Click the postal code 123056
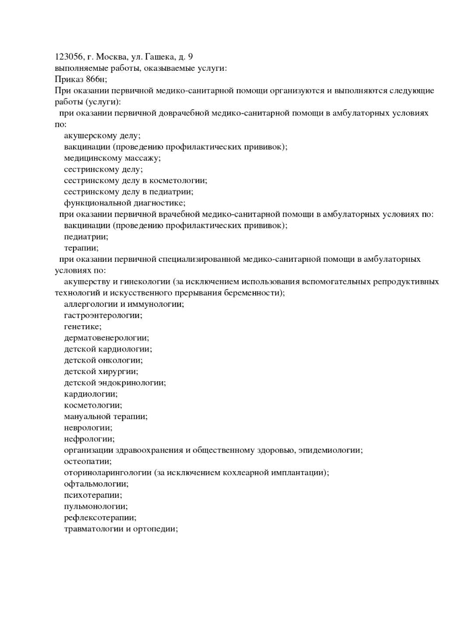[68, 57]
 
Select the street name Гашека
[160, 57]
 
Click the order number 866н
[96, 80]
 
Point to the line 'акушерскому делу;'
[102, 136]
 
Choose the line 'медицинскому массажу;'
[112, 158]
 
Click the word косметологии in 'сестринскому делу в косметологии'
[178, 181]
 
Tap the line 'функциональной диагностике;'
[124, 203]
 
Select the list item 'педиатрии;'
[86, 237]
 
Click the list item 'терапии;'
[81, 248]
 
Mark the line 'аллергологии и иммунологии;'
[124, 305]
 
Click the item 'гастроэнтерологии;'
[103, 316]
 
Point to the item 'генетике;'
[82, 327]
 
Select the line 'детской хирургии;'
[101, 372]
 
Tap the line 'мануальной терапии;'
[105, 417]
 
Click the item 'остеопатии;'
[87, 462]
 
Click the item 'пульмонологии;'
[95, 507]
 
